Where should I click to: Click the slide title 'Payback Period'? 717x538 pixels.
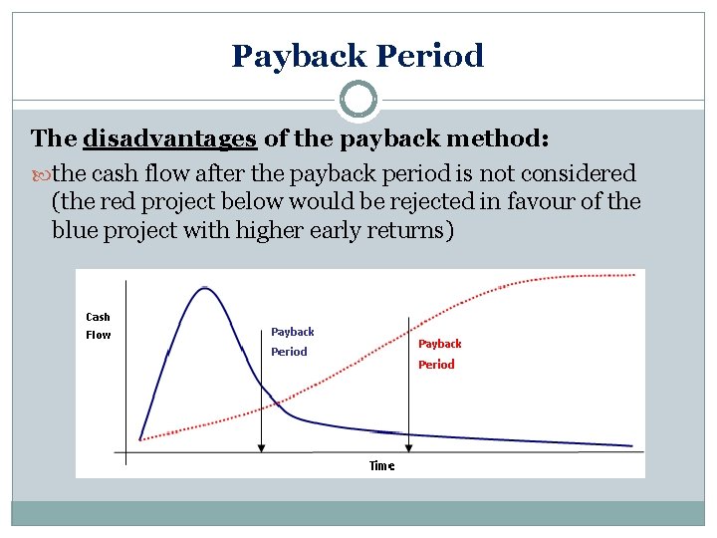358,56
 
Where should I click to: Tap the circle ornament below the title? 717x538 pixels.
358,100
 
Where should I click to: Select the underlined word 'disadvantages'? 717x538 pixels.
170,138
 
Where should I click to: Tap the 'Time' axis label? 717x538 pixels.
381,465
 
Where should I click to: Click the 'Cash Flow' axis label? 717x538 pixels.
99,326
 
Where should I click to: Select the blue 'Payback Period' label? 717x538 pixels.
292,342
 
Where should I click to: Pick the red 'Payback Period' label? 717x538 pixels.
438,354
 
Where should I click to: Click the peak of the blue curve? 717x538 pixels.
204,288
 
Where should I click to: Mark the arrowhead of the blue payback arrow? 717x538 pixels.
261,448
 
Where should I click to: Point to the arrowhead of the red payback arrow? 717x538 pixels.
407,448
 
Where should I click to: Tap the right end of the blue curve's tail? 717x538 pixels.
631,445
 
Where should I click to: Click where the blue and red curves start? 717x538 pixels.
141,438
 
